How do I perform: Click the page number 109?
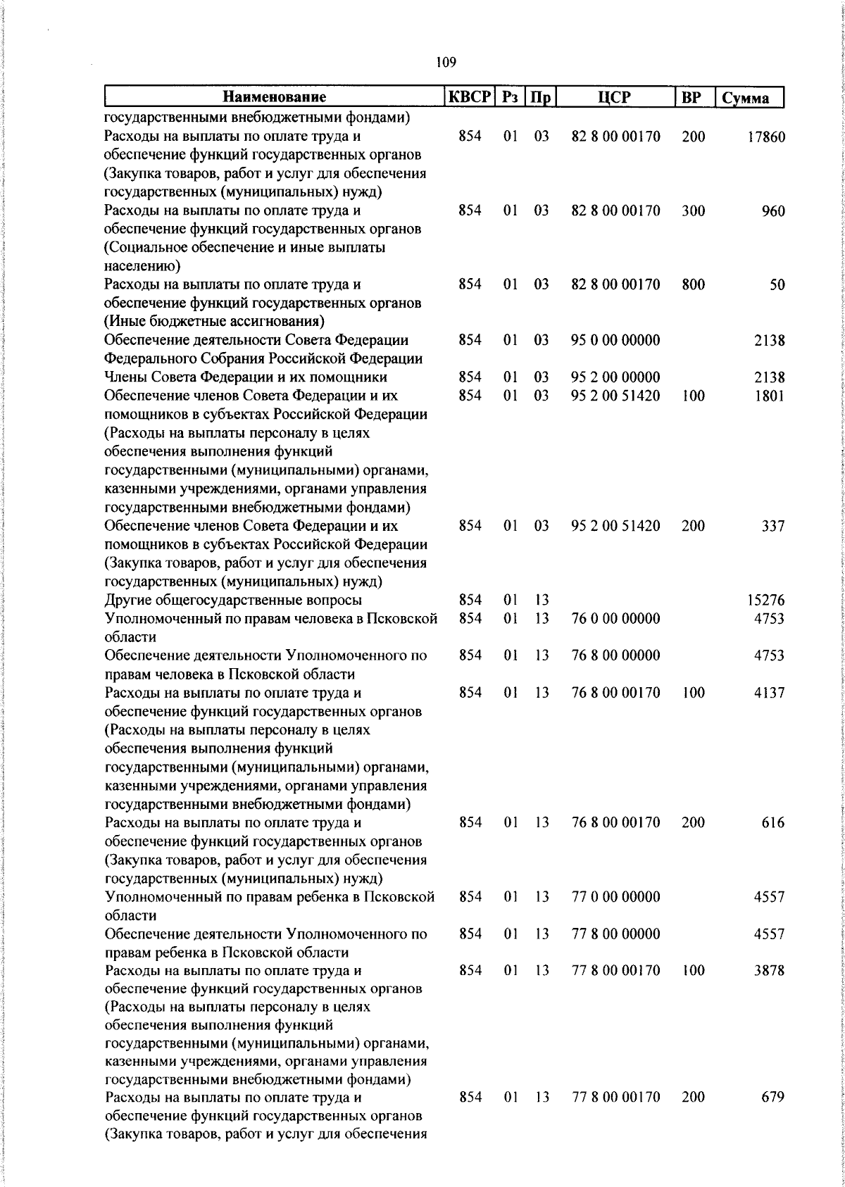[446, 63]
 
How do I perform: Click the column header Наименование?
[275, 97]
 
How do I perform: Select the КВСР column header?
[469, 97]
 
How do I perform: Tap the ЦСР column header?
[615, 97]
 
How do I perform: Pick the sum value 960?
[773, 211]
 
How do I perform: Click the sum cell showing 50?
[777, 285]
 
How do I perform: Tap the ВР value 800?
[693, 284]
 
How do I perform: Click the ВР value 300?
[693, 211]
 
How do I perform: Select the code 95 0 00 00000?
[615, 340]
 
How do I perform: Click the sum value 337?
[772, 526]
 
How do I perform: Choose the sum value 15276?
[765, 601]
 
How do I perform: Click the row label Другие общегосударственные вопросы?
[233, 600]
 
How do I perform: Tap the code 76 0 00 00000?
[615, 618]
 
